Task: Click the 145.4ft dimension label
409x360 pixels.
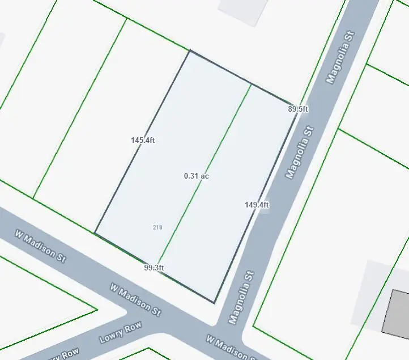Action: [143, 140]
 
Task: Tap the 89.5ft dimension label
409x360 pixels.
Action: [298, 109]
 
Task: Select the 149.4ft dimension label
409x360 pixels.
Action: [257, 205]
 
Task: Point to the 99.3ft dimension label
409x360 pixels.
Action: [154, 268]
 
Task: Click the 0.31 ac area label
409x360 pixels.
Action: [197, 176]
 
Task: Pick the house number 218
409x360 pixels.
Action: [157, 227]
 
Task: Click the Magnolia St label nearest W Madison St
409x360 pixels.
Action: [242, 298]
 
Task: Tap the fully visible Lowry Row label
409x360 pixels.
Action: [120, 333]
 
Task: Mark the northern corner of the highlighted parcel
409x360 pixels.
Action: [190, 50]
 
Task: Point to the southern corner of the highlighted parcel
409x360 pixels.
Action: [215, 303]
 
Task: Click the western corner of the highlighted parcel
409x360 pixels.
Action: [95, 233]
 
